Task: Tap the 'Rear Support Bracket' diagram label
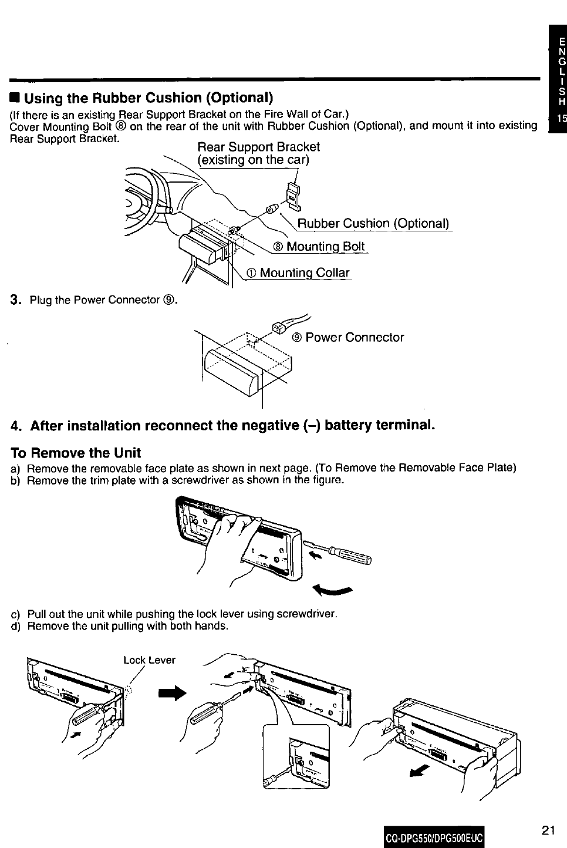(x=258, y=147)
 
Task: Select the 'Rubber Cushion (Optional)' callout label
(x=373, y=224)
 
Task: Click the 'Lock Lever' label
(x=149, y=660)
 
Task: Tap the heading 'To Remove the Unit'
(x=76, y=453)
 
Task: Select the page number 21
(x=548, y=830)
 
